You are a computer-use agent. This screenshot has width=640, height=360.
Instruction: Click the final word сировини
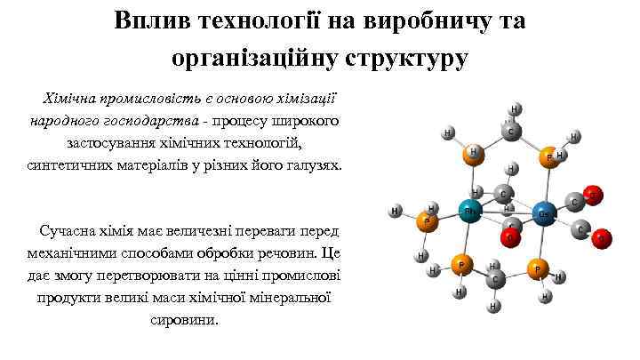(x=185, y=319)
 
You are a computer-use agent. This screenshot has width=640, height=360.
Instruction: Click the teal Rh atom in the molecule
(x=468, y=212)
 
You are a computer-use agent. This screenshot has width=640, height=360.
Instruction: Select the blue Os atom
(x=545, y=213)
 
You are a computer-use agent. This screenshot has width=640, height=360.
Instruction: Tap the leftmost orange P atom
(x=428, y=221)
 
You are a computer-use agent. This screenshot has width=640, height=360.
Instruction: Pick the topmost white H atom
(x=516, y=109)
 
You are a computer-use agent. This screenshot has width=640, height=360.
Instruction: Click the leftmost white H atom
(x=396, y=212)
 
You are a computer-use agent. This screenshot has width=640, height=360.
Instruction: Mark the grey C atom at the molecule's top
(x=509, y=132)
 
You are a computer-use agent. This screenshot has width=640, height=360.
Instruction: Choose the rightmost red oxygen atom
(x=603, y=237)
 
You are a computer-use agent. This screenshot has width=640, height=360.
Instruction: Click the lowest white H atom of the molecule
(x=493, y=307)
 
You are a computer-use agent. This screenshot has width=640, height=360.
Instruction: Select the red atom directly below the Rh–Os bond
(x=510, y=237)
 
